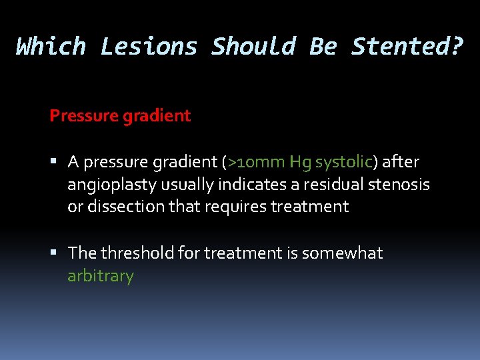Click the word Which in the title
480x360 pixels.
pos(51,47)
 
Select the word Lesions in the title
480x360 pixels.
pos(149,47)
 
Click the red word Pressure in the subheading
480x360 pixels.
pos(83,116)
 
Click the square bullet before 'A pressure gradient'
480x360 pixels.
pos(59,162)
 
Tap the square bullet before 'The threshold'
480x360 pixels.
pos(59,253)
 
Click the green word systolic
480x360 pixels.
pos(343,162)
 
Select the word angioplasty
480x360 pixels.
pos(111,185)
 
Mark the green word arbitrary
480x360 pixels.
pos(101,276)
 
